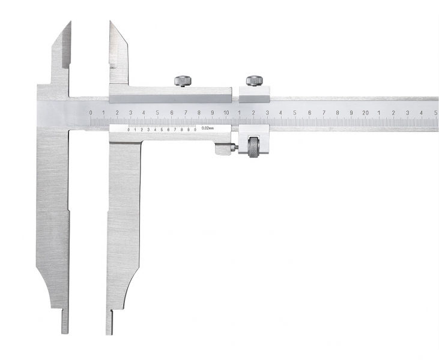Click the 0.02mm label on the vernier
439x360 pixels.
pyautogui.click(x=207, y=128)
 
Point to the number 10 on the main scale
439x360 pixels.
pyautogui.click(x=226, y=113)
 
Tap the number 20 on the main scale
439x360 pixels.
pyautogui.click(x=365, y=113)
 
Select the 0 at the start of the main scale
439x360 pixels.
pyautogui.click(x=91, y=113)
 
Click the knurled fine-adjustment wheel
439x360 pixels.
pyautogui.click(x=253, y=147)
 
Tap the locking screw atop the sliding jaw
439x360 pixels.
pyautogui.click(x=183, y=81)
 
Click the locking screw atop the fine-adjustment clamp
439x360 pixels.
pyautogui.click(x=255, y=80)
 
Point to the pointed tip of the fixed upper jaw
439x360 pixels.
pyautogui.click(x=70, y=22)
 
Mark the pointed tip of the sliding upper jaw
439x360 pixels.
pyautogui.click(x=110, y=22)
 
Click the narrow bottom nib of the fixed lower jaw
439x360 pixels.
pyautogui.click(x=65, y=321)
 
